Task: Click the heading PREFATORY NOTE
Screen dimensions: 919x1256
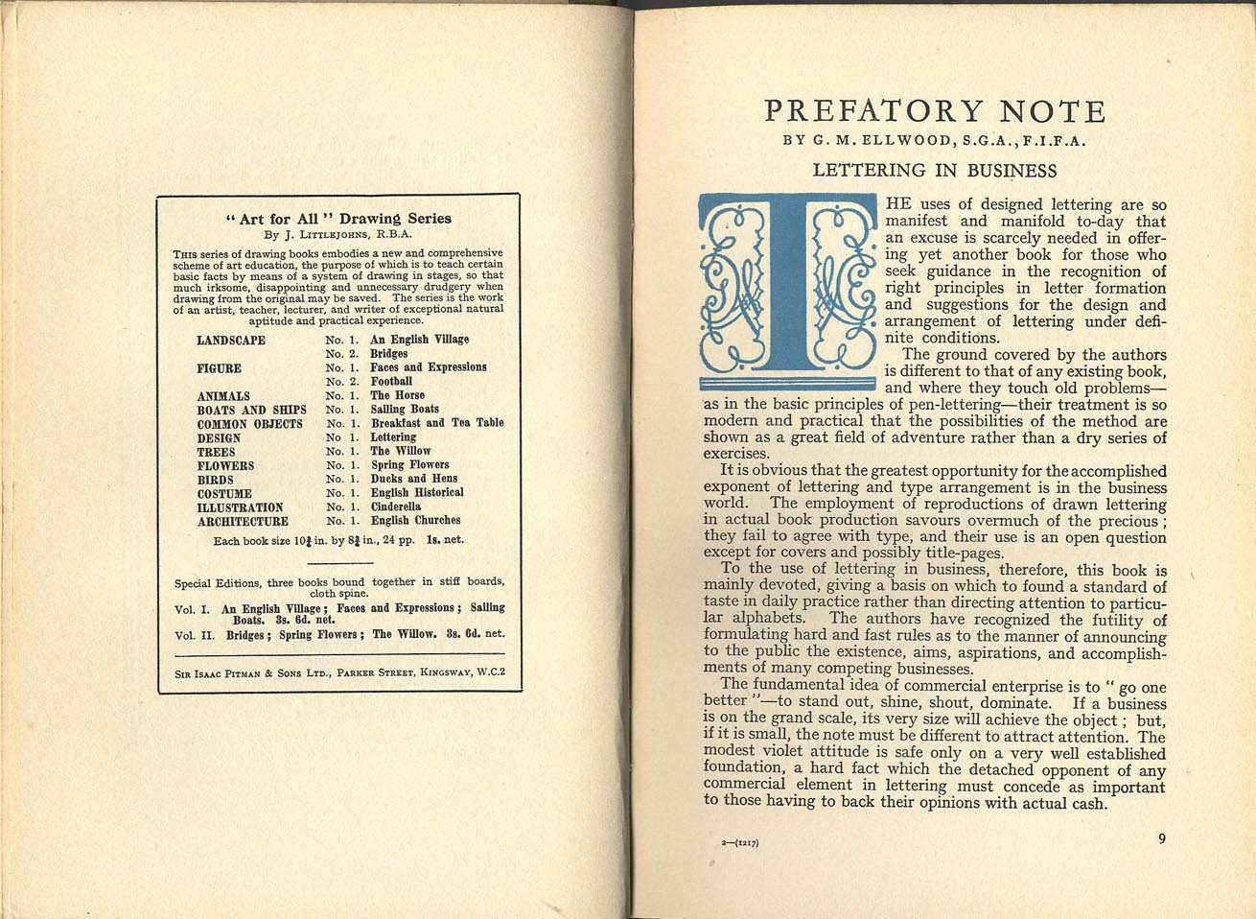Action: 935,112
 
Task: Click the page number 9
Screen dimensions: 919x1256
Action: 1161,838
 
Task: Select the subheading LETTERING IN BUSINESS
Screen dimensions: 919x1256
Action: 934,172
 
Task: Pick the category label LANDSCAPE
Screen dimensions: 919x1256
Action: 231,341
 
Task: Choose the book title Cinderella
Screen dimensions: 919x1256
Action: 396,507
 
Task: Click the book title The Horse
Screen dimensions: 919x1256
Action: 397,395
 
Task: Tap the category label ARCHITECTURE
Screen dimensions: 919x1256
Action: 243,522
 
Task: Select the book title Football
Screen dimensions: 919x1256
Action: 391,381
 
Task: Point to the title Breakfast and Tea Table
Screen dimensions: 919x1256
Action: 437,423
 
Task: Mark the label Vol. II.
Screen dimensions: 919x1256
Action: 192,635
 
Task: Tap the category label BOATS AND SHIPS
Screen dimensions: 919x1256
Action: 251,410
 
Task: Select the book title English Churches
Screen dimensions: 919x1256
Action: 415,521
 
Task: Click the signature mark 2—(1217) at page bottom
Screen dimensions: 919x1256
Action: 740,844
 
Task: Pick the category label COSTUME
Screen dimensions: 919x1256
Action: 224,493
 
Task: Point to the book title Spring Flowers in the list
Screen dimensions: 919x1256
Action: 409,465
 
